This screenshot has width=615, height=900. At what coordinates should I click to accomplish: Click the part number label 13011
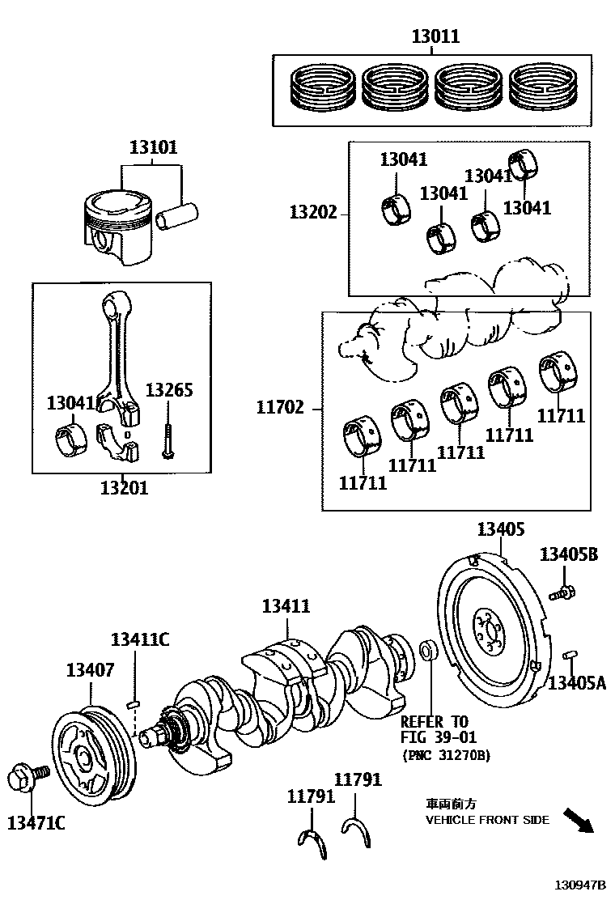435,36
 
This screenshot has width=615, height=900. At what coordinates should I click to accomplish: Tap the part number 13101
153,147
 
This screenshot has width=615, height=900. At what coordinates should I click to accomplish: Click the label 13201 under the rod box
125,488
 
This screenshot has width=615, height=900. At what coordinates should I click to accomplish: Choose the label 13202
313,212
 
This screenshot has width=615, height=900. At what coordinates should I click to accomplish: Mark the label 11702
280,408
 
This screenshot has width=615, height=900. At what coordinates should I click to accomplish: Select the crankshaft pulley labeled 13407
94,751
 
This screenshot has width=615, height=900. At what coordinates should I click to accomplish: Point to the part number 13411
286,605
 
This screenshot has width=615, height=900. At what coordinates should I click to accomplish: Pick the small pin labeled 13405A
570,654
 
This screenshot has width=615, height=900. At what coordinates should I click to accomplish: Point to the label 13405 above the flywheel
501,529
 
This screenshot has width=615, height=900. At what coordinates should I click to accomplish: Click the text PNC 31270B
447,755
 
